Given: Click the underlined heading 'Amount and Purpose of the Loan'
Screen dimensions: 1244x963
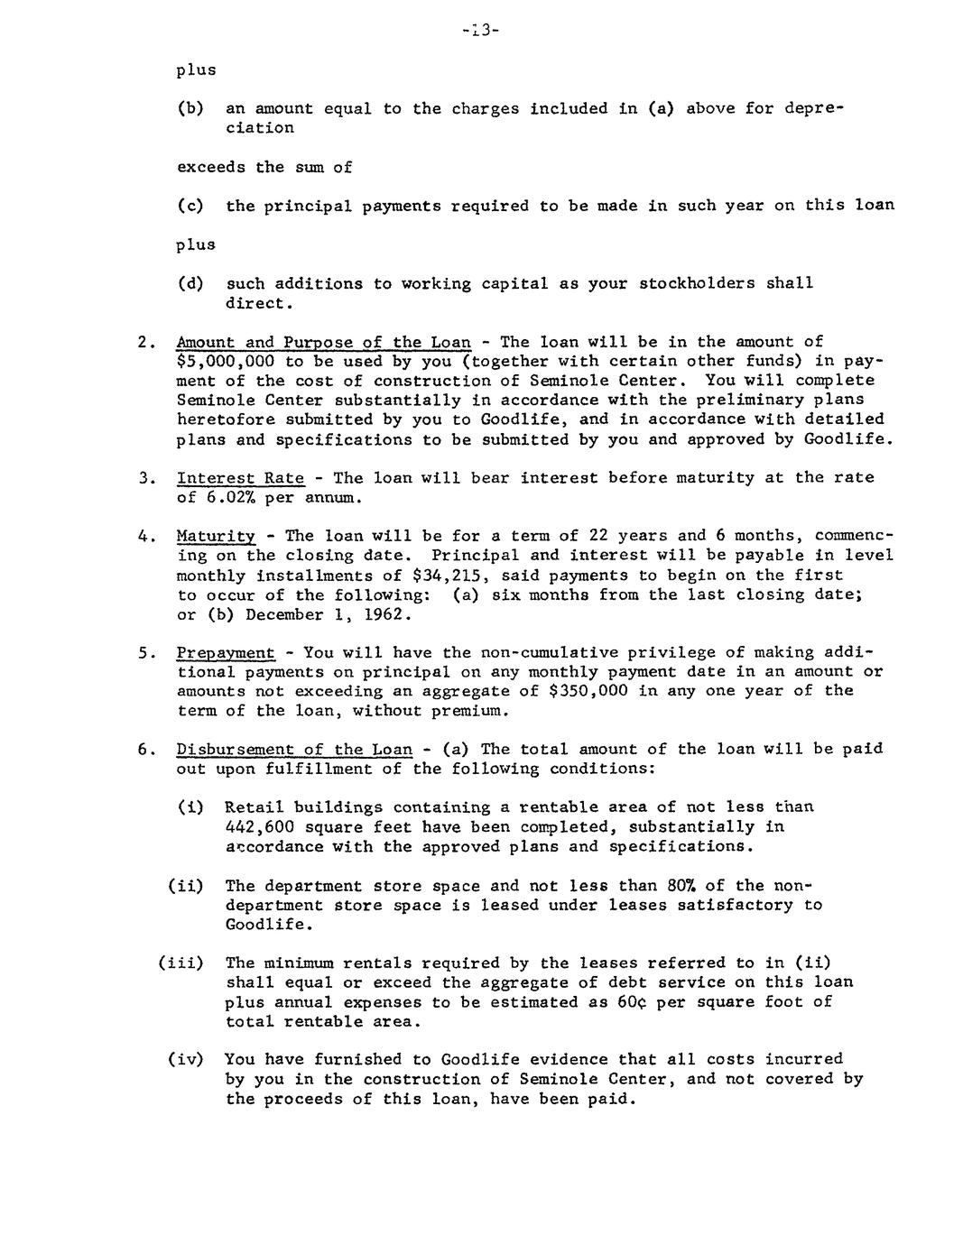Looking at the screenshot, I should pyautogui.click(x=323, y=342).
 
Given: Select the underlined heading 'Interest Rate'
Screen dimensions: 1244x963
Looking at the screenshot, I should pyautogui.click(x=240, y=477).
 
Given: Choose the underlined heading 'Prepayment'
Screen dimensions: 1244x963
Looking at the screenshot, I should pyautogui.click(x=226, y=652).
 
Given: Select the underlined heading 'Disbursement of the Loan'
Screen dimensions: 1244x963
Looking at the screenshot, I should pyautogui.click(x=293, y=750).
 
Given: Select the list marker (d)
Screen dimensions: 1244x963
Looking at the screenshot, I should pyautogui.click(x=190, y=283).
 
